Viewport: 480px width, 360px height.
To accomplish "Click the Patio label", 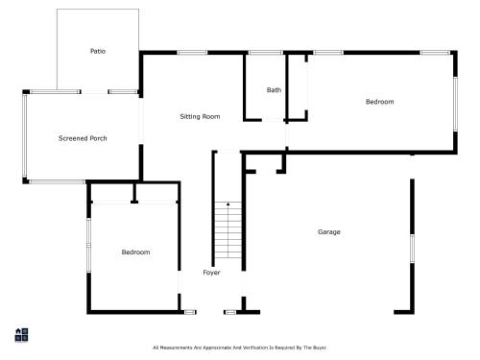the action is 98,51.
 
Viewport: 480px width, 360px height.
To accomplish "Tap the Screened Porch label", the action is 83,138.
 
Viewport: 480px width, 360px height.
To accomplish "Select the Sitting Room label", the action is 200,116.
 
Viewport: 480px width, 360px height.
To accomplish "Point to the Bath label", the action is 274,90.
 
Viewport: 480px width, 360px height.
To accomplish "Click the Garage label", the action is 329,231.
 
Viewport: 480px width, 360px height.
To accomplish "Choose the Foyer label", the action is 211,273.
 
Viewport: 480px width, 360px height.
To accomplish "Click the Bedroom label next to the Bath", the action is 380,102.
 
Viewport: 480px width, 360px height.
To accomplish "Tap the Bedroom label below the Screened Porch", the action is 135,252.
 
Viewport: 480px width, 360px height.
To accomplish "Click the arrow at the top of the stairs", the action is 228,204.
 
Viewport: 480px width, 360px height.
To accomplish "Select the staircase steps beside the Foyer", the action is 228,230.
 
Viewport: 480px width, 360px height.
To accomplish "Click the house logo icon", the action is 21,335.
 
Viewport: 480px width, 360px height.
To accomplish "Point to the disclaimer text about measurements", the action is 239,348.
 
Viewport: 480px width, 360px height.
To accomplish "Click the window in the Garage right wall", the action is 412,249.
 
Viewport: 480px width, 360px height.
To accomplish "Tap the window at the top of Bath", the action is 265,53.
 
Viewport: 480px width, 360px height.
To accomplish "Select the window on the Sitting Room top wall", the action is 192,53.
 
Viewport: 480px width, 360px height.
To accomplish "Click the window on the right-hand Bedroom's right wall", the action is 455,104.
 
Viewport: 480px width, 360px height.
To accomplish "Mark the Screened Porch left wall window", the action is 25,136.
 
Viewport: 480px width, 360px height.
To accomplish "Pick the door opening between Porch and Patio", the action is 94,92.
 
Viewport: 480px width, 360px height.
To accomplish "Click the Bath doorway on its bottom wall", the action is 273,120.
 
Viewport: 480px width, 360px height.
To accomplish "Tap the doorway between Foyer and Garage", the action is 244,284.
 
